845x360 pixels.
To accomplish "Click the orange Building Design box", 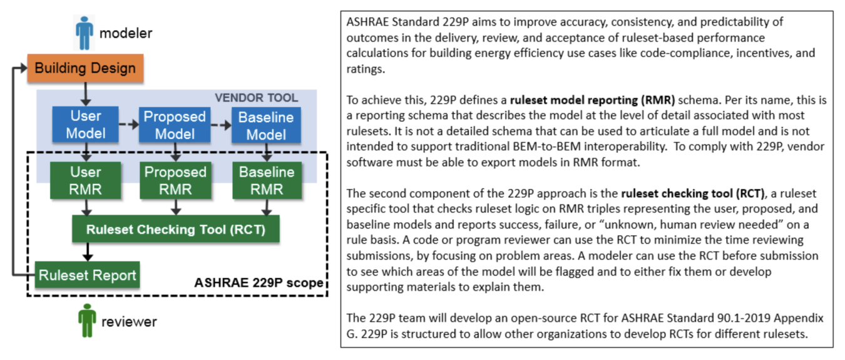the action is [x=85, y=68].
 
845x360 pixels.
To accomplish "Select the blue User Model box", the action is [x=86, y=125].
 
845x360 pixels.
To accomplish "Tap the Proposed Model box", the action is [x=175, y=125].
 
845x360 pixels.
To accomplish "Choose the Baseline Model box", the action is [x=266, y=125].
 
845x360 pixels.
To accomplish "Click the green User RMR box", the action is [x=86, y=180].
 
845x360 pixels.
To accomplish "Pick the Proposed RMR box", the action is [x=175, y=180].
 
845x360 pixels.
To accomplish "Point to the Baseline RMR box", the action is [x=267, y=180].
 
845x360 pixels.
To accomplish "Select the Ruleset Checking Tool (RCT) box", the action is [x=176, y=229].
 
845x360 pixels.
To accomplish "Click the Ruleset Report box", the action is [x=88, y=275].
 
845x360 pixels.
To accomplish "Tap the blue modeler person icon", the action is [x=84, y=33].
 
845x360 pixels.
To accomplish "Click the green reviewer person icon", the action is [x=87, y=321].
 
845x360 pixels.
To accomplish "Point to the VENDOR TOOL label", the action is [x=257, y=98].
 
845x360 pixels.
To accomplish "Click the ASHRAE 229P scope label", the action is [x=259, y=282].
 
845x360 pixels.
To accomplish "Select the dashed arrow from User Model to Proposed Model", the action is [x=129, y=124].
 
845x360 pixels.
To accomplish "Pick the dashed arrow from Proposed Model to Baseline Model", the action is [x=221, y=125].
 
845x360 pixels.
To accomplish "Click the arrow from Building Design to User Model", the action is [x=86, y=94].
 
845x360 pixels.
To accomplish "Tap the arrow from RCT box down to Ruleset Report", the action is [x=88, y=252].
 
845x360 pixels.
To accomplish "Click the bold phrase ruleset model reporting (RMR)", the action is [x=592, y=100].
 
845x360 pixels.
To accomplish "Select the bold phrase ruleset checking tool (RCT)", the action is [x=693, y=193].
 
